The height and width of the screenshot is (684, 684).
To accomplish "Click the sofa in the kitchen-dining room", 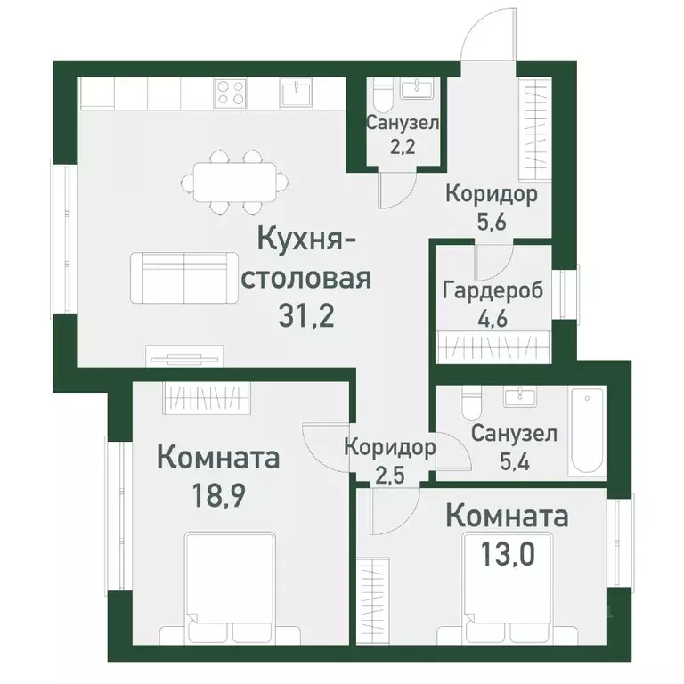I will click(x=183, y=275).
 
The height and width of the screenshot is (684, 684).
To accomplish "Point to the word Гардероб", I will click(x=493, y=291).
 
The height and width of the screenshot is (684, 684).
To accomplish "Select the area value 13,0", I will click(x=509, y=553).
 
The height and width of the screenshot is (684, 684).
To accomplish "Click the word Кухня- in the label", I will click(x=308, y=240).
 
